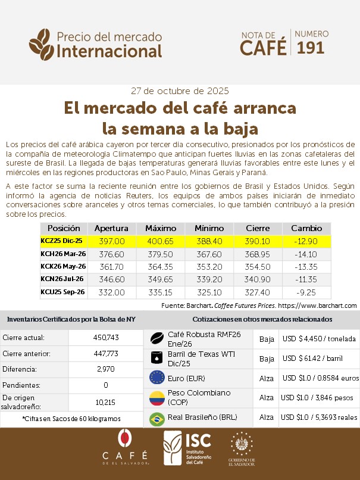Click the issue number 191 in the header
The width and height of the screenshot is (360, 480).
[311, 48]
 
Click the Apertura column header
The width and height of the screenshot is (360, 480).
[111, 228]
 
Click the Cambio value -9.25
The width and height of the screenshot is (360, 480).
[306, 292]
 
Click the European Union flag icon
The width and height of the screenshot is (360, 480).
[157, 378]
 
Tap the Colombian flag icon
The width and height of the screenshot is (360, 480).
[157, 398]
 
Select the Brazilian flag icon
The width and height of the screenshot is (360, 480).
[157, 418]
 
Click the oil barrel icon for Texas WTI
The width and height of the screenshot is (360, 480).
[157, 358]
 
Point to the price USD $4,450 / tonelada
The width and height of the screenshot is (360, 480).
[319, 339]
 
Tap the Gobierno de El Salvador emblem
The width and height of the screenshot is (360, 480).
[242, 447]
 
